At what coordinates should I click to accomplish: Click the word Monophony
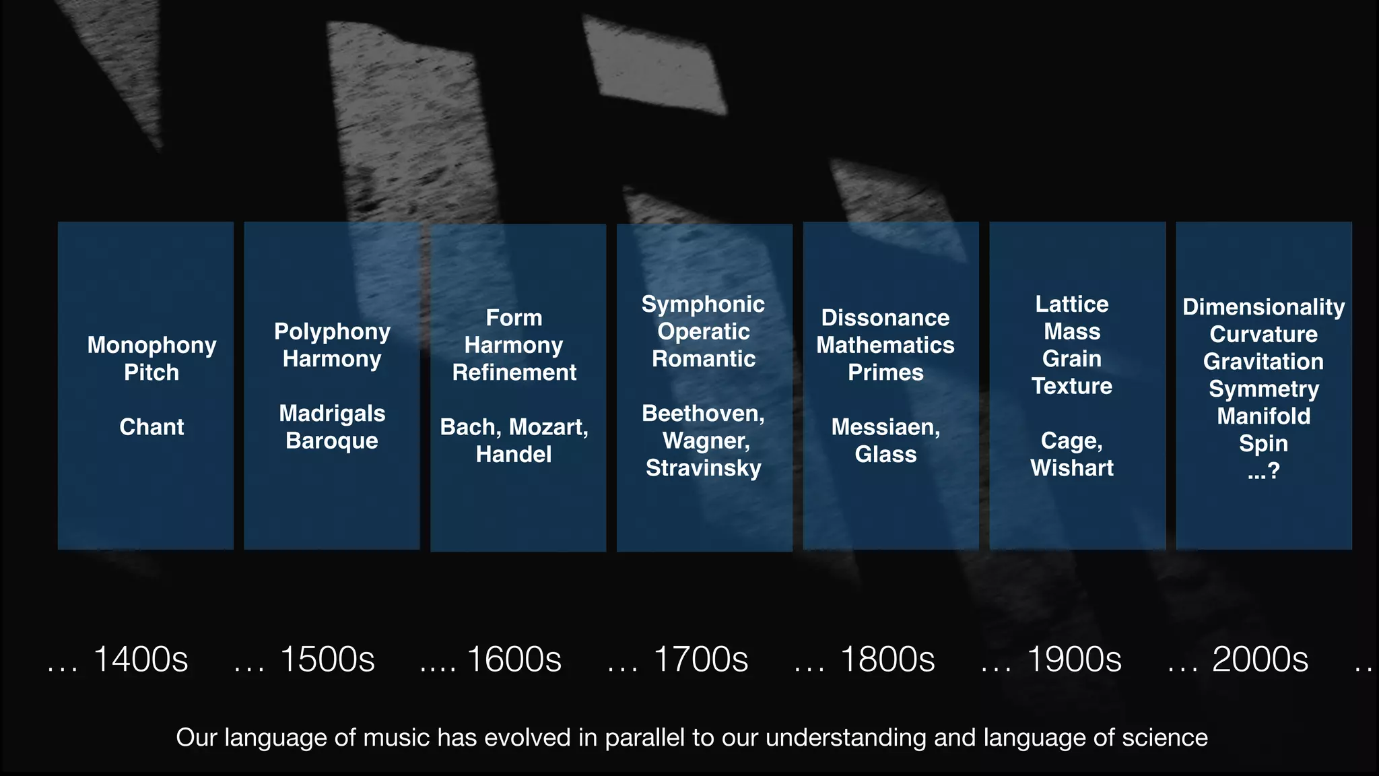[x=152, y=346]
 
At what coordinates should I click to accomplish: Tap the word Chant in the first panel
[x=152, y=427]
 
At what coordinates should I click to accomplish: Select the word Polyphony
[x=332, y=332]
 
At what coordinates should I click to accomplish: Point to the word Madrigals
[x=332, y=414]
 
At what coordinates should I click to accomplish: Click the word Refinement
[x=514, y=373]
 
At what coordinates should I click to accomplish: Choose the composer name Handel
[x=514, y=455]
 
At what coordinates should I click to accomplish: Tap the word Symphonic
[x=703, y=304]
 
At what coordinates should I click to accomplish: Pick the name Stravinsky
[x=703, y=468]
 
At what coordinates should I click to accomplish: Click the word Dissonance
[x=885, y=318]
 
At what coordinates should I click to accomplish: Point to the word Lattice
[x=1072, y=304]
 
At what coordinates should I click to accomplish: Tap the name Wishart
[x=1072, y=468]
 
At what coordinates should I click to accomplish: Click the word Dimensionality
[x=1263, y=307]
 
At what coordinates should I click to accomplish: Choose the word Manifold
[x=1263, y=416]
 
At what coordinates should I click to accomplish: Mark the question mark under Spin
[x=1273, y=471]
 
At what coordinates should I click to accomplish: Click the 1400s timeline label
[x=140, y=659]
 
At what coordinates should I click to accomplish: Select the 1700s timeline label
[x=700, y=659]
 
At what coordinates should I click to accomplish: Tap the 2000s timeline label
[x=1260, y=659]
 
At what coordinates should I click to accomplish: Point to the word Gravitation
[x=1263, y=362]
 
